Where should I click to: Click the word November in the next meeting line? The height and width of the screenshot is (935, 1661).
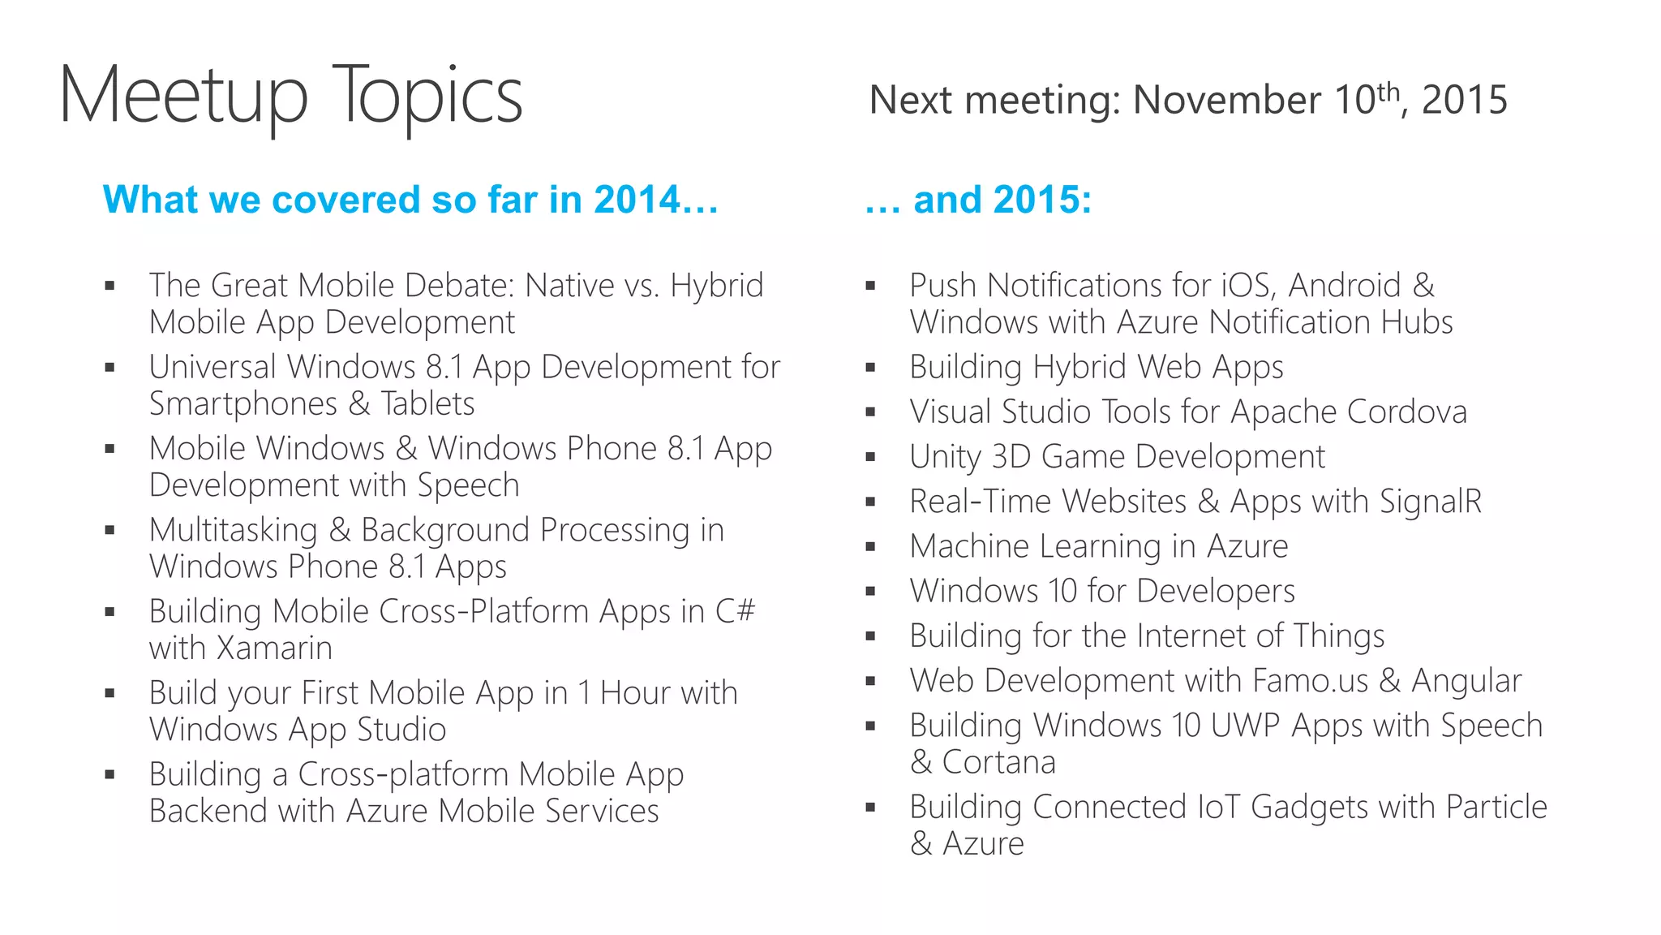pos(1225,101)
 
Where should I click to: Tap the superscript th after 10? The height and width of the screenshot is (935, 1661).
pos(1388,91)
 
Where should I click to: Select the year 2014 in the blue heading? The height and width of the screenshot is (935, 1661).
pos(637,200)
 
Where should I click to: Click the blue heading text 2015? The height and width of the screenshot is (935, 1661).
pos(1043,200)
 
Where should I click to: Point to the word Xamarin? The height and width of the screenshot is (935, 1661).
pos(275,648)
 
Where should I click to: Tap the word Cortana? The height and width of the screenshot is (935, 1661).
pos(998,762)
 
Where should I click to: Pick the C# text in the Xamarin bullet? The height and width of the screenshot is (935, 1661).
pos(735,611)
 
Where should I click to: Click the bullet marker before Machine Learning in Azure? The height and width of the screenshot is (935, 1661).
pos(870,547)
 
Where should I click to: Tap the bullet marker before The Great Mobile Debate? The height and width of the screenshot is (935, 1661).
pos(109,286)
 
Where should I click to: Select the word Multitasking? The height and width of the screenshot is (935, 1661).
pos(234,530)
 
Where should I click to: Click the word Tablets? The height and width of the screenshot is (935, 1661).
pos(427,404)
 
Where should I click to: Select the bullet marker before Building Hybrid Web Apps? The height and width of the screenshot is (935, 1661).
pos(870,368)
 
